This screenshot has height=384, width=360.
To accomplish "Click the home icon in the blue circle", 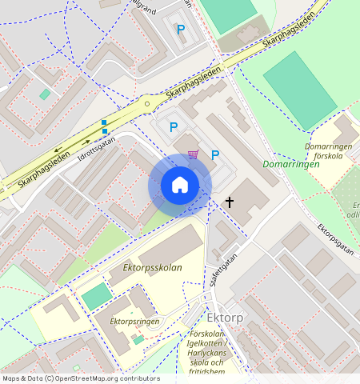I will pos(180,185).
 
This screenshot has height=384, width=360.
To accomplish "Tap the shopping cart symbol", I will pos(193,154).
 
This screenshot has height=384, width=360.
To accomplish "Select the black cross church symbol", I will pos(230,202).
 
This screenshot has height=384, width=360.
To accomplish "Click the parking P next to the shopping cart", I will pos(214,155).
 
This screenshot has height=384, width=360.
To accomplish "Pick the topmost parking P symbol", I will pos(181,30).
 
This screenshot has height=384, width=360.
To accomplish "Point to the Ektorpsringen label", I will pos(135,322).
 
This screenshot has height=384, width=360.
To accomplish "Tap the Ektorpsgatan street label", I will pos(335,238).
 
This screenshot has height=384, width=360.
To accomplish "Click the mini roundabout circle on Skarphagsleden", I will pos(146,103).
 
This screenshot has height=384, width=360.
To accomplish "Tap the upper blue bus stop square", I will pos(104,122).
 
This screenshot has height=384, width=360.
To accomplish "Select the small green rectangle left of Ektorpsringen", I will pos(98,296).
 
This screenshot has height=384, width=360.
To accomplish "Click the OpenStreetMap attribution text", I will pos(80,378).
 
